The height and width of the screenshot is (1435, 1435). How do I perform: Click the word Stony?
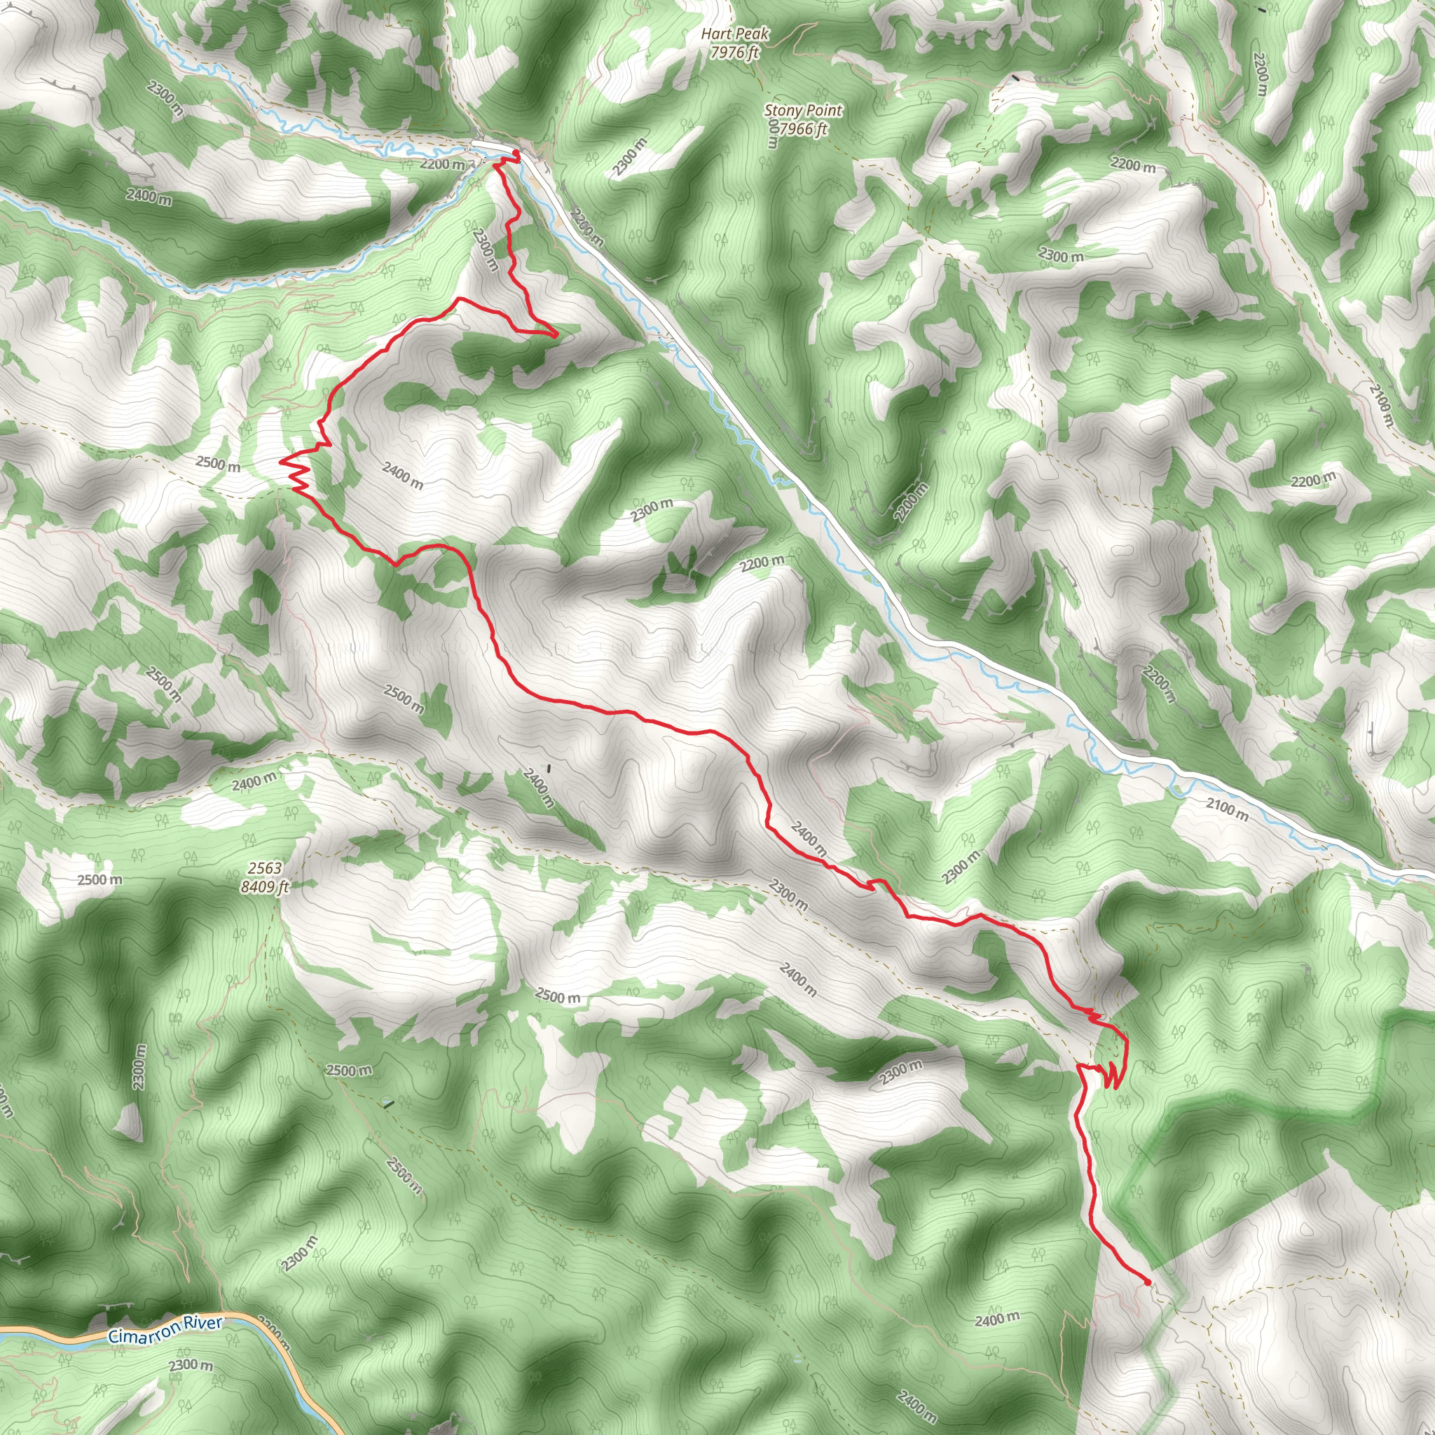(784, 111)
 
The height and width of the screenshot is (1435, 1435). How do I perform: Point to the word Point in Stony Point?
(825, 111)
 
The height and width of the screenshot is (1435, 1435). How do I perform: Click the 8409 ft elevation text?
(265, 887)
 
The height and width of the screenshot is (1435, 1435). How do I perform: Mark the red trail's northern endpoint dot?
(516, 153)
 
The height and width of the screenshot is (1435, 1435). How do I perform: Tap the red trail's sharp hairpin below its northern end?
(556, 335)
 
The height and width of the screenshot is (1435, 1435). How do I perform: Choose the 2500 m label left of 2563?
(99, 880)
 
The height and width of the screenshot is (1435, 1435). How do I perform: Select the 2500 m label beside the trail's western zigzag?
(219, 465)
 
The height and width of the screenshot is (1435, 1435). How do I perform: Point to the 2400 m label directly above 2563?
(253, 781)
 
